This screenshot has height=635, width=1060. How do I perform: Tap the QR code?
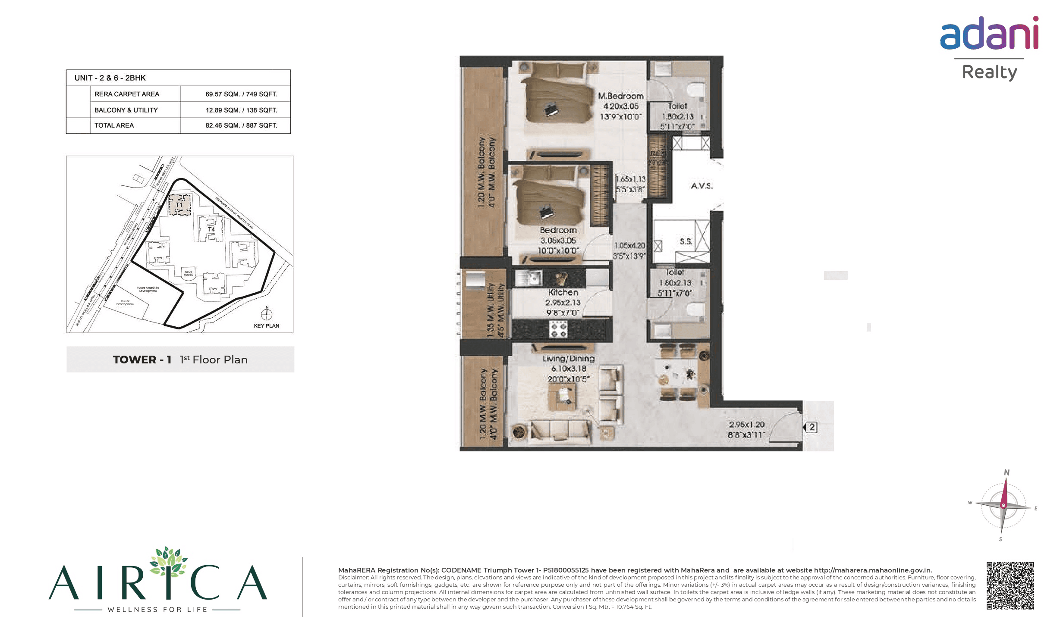(x=1010, y=585)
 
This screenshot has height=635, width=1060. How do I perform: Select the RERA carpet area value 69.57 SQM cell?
(x=241, y=94)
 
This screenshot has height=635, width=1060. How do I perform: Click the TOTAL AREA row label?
(x=114, y=125)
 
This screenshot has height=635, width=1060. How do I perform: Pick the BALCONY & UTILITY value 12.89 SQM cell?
(x=241, y=110)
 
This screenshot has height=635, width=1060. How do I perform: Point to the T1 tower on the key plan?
(x=179, y=204)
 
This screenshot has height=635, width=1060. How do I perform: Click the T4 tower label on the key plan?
(x=211, y=229)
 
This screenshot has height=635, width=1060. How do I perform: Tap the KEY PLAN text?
(x=266, y=326)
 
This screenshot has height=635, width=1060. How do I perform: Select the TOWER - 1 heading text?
(x=142, y=360)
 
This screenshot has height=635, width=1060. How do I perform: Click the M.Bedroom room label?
(x=620, y=96)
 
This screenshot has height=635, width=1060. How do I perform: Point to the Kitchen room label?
(x=563, y=292)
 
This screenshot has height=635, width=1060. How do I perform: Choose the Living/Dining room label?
(x=568, y=359)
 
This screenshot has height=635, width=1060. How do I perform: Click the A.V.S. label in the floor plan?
(x=701, y=186)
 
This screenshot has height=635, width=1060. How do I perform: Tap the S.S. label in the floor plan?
(x=686, y=241)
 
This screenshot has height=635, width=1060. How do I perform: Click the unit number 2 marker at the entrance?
(x=812, y=427)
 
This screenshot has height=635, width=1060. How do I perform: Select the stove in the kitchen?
(x=558, y=329)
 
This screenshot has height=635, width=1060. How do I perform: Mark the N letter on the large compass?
(x=1007, y=472)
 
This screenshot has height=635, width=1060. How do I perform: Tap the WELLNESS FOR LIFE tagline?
(x=157, y=610)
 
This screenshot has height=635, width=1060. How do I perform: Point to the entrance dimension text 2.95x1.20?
(x=746, y=425)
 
